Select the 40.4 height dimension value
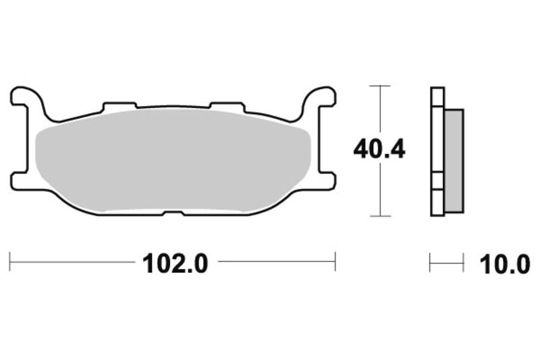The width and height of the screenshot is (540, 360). coord(379,149)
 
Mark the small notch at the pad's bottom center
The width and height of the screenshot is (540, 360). coord(173,214)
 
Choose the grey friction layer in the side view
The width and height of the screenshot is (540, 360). coord(454,160)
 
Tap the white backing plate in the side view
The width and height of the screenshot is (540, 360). coord(437,152)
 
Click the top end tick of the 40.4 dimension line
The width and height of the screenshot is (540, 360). coord(381,86)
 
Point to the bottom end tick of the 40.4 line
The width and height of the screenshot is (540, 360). coord(381,216)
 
